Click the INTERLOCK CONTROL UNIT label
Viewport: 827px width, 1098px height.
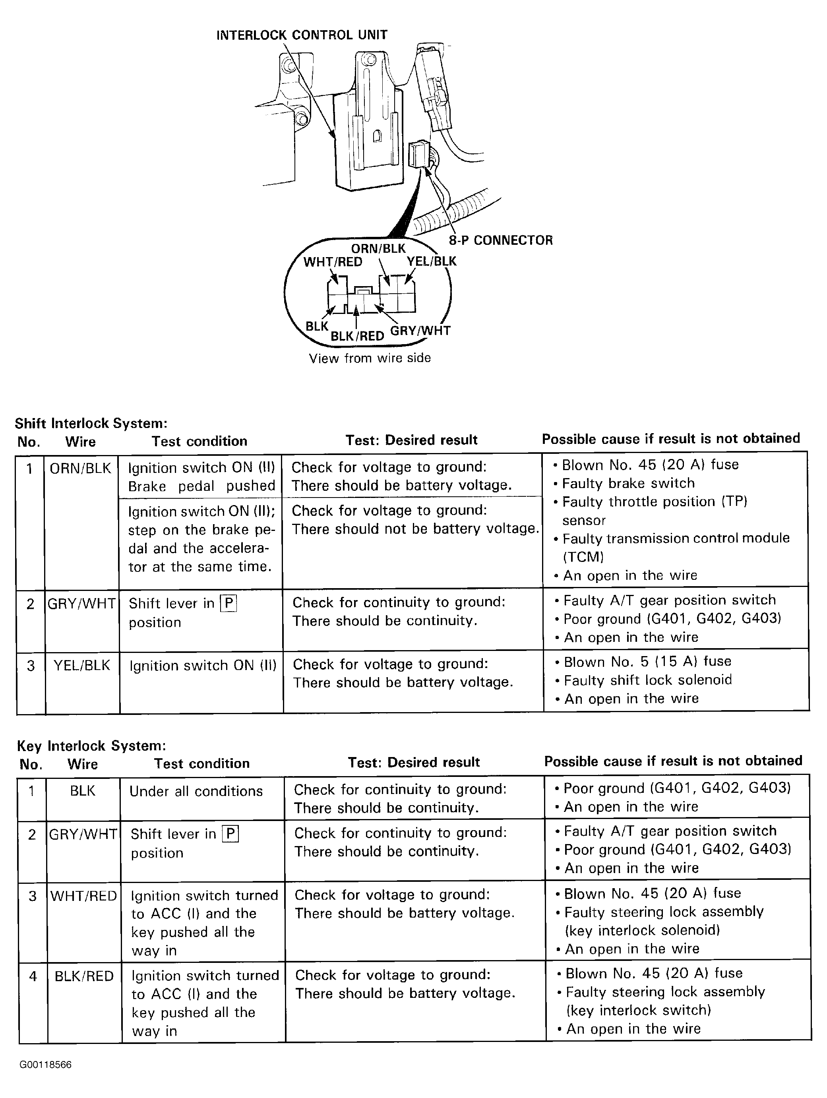(x=302, y=35)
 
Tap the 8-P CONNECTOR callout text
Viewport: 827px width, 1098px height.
(x=500, y=240)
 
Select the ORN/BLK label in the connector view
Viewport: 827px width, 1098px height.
(x=378, y=248)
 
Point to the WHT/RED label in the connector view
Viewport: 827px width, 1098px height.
(x=333, y=261)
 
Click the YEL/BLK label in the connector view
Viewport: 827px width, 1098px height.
(x=431, y=261)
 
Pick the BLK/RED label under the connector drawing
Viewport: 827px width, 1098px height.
(x=357, y=336)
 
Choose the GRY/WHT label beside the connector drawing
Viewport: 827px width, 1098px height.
(x=420, y=331)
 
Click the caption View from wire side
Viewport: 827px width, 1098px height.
(x=370, y=358)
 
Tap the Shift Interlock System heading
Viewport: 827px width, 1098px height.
(x=91, y=423)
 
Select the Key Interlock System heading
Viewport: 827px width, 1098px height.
(x=91, y=746)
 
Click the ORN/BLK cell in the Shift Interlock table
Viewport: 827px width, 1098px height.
(x=80, y=468)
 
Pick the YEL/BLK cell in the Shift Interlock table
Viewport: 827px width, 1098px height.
(x=82, y=665)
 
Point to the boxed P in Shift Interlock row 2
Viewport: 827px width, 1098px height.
(x=229, y=603)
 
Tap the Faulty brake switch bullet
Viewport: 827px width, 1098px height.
(x=628, y=483)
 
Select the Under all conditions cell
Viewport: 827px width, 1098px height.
(x=196, y=791)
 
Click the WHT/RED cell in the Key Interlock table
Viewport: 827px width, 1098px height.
(x=83, y=896)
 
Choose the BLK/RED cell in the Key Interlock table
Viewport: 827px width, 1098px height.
(x=84, y=976)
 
